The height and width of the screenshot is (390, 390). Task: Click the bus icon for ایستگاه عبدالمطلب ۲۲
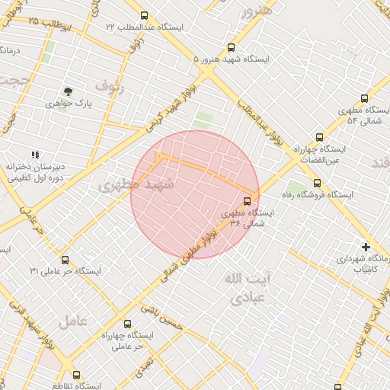[x=144, y=16]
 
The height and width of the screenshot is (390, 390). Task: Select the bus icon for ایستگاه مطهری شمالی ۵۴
[x=363, y=98]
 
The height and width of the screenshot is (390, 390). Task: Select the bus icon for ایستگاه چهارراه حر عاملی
[x=127, y=323]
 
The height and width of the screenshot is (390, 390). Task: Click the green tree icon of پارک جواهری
[x=68, y=91]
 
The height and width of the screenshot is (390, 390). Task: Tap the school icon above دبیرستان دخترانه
[x=35, y=155]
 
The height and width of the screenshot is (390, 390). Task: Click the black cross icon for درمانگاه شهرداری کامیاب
[x=366, y=247]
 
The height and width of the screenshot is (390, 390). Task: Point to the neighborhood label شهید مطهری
[x=137, y=185]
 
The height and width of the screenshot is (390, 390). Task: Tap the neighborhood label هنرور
[x=254, y=12]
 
